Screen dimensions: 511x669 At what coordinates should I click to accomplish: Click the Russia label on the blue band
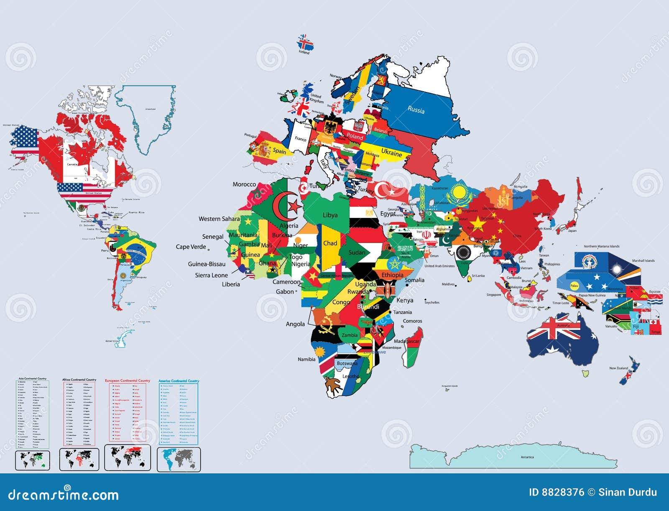pyautogui.click(x=416, y=110)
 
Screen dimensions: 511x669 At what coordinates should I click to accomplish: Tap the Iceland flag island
pyautogui.click(x=305, y=43)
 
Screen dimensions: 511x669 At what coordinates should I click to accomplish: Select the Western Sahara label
pyautogui.click(x=219, y=219)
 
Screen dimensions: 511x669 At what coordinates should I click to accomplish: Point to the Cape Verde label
pyautogui.click(x=191, y=247)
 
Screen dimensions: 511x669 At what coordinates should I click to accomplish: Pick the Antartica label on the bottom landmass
pyautogui.click(x=527, y=457)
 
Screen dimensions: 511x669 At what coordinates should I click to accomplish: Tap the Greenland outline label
pyautogui.click(x=150, y=109)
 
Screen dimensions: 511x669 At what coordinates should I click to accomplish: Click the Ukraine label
pyautogui.click(x=391, y=153)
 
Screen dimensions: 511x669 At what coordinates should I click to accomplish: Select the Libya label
pyautogui.click(x=330, y=215)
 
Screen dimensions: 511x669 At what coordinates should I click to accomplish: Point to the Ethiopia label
pyautogui.click(x=392, y=275)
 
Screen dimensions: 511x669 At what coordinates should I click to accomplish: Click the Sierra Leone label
pyautogui.click(x=211, y=275)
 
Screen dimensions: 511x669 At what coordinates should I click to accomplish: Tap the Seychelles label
pyautogui.click(x=432, y=302)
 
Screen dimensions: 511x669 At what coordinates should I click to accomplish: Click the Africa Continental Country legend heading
pyautogui.click(x=79, y=380)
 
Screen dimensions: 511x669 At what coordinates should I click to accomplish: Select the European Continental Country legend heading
pyautogui.click(x=127, y=381)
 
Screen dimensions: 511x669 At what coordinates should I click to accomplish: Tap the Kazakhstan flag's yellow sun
pyautogui.click(x=460, y=193)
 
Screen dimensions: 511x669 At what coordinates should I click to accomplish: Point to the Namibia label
pyautogui.click(x=306, y=359)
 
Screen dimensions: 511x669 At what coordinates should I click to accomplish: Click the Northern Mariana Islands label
pyautogui.click(x=602, y=246)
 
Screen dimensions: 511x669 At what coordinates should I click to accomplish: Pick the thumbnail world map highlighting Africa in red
pyautogui.click(x=79, y=459)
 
